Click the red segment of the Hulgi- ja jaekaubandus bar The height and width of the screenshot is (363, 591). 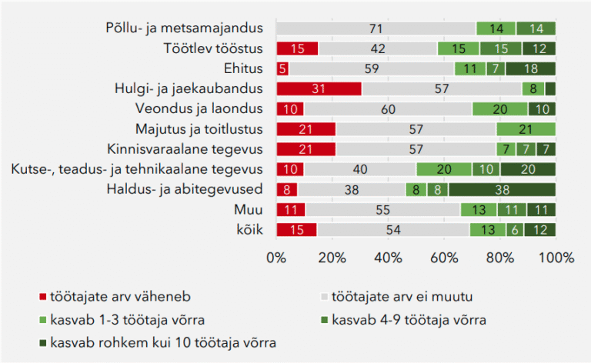(x=319, y=88)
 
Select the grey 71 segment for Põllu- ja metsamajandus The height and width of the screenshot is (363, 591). (x=376, y=28)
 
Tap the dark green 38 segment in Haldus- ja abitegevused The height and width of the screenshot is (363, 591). (x=502, y=188)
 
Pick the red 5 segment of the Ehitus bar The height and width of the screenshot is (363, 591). (x=282, y=68)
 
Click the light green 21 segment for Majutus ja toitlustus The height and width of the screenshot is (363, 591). (x=526, y=128)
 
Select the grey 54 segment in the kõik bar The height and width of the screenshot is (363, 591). (x=394, y=228)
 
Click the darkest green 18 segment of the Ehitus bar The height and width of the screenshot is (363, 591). (x=530, y=68)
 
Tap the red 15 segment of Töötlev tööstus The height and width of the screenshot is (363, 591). (x=297, y=48)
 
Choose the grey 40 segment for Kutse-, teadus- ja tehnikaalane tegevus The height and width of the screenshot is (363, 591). (x=360, y=168)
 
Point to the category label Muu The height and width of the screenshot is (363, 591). (x=249, y=208)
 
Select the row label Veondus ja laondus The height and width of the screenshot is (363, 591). (x=199, y=108)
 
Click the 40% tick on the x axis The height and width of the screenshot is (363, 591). (x=388, y=258)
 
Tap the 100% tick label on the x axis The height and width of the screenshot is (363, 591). (x=556, y=258)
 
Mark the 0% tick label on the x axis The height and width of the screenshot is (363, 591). (x=276, y=258)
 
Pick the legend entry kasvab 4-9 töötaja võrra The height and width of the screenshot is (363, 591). (x=407, y=318)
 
